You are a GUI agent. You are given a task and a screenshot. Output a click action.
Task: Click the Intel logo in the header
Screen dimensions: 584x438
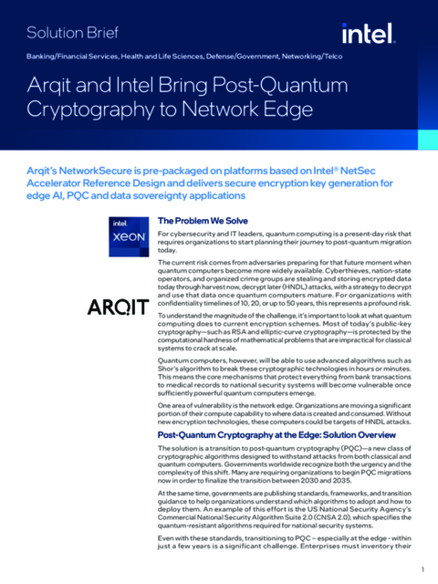click(x=368, y=34)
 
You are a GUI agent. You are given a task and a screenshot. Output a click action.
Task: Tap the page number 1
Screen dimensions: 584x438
click(x=422, y=570)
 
